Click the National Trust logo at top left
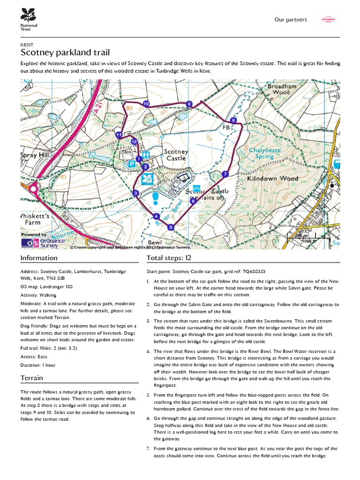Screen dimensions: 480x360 click(x=29, y=18)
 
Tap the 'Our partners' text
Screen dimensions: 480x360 click(x=291, y=20)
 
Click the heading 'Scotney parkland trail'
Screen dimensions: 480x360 click(x=65, y=52)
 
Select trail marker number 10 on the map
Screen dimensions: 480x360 click(x=146, y=104)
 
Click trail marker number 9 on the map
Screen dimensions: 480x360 click(x=189, y=104)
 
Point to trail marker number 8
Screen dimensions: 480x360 click(x=233, y=120)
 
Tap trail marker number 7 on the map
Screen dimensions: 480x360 click(x=225, y=174)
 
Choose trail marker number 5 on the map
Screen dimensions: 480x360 click(x=170, y=227)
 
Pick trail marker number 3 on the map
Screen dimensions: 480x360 click(x=135, y=193)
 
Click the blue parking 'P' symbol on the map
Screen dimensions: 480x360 click(x=132, y=164)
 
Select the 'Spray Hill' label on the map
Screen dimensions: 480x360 click(x=38, y=155)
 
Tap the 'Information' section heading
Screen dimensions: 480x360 click(x=39, y=258)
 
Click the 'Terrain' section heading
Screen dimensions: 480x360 click(x=32, y=378)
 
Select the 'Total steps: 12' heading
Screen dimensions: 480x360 click(x=169, y=258)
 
